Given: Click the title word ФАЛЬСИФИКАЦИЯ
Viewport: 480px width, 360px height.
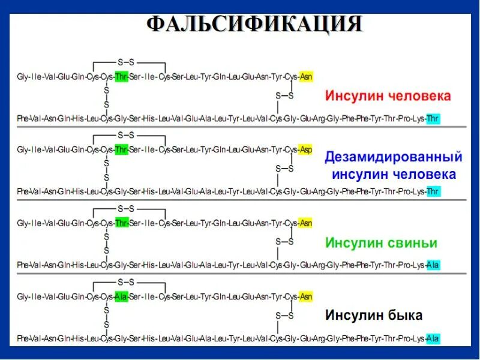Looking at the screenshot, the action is click(x=255, y=25).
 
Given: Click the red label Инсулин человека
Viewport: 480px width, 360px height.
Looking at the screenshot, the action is click(x=388, y=96).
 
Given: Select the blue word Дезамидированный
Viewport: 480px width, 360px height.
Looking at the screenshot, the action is click(x=394, y=158).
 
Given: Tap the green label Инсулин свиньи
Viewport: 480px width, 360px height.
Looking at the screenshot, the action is click(x=381, y=243).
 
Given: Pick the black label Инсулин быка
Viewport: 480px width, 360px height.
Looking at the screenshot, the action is click(x=374, y=315).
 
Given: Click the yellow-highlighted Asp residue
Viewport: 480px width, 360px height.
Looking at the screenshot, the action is click(x=306, y=149).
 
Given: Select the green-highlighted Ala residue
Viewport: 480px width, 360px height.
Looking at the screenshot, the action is click(x=121, y=296).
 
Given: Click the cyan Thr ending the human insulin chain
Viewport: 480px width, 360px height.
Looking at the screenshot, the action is click(x=433, y=119).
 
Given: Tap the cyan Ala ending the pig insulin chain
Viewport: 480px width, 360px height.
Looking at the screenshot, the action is click(x=433, y=265).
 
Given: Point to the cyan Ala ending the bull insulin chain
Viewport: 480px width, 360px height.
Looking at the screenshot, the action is click(x=433, y=338).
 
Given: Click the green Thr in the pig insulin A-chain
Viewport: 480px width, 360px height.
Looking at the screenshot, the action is click(x=121, y=223).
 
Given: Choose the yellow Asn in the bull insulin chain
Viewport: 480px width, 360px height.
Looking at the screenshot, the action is click(x=306, y=296).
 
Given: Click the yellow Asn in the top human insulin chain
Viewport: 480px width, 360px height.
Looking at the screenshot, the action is click(x=306, y=77).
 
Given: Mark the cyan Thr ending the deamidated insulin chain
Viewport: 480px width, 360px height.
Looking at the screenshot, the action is click(x=433, y=191).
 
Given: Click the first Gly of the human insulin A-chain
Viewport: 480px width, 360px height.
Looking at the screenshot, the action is click(x=23, y=77).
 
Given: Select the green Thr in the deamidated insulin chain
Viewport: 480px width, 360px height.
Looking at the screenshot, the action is click(x=121, y=149).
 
